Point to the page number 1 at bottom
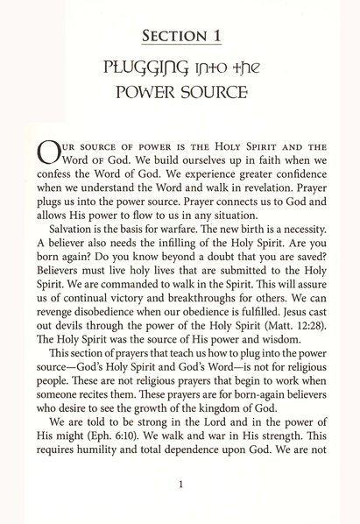pyautogui.click(x=180, y=479)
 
